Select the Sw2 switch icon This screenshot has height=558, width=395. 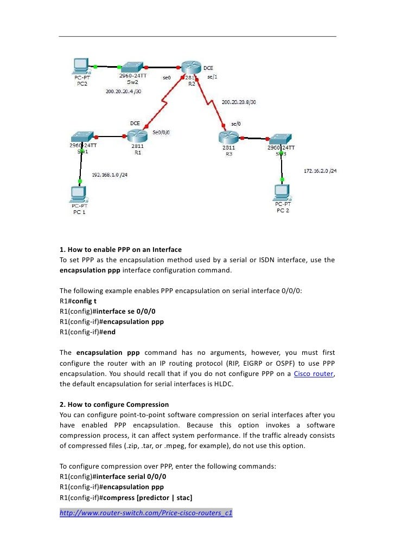coord(132,67)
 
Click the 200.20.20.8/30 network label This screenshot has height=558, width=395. coord(239,101)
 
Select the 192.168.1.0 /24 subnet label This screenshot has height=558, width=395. coord(109,175)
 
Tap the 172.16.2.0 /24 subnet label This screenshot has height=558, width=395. coord(320,171)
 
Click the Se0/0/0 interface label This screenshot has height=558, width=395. coord(161,132)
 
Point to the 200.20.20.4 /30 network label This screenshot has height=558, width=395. coord(123,91)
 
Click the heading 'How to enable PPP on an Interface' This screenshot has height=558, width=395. coord(120,250)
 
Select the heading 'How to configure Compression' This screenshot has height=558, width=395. coord(114,404)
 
